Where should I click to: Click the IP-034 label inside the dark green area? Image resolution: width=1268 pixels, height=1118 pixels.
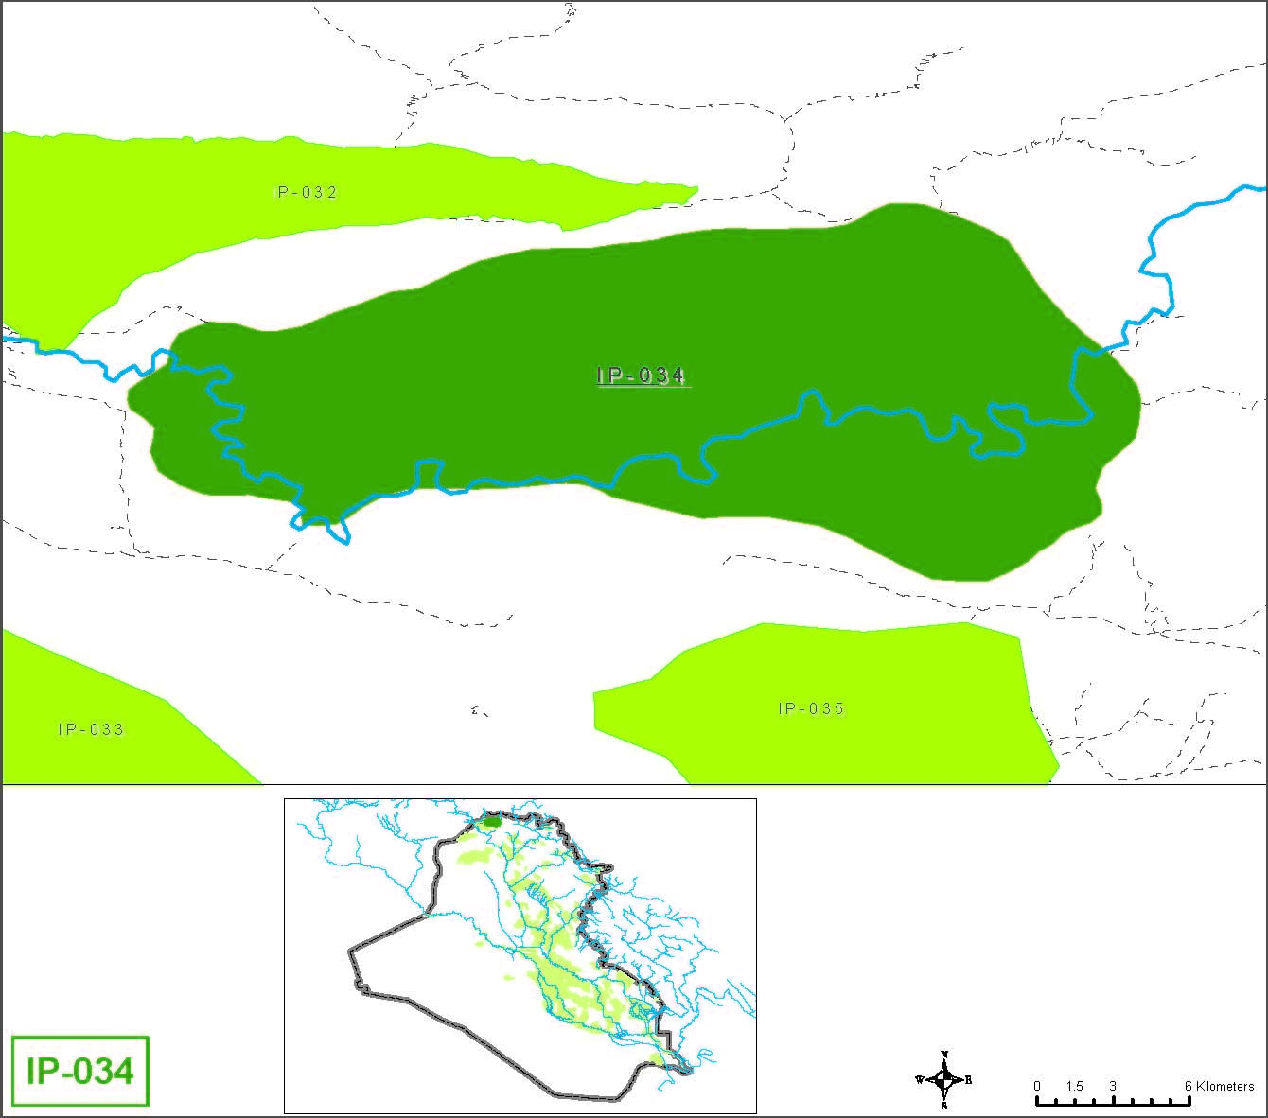coord(641,376)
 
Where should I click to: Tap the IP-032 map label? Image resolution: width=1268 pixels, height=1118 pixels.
coord(304,192)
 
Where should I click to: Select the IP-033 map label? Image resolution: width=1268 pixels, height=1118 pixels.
coord(91,729)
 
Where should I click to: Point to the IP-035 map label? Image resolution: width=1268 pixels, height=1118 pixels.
coord(811,708)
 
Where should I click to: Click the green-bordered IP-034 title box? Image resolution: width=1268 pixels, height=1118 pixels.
coord(80,1071)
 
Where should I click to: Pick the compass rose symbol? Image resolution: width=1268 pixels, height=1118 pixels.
coord(944,1079)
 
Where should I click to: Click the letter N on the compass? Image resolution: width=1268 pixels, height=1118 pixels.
coord(944,1054)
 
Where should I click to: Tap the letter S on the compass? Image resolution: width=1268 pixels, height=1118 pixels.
coord(944,1105)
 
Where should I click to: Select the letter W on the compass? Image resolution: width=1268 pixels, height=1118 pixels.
coord(919,1079)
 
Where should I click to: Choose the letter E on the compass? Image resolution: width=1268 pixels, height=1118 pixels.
coord(968,1079)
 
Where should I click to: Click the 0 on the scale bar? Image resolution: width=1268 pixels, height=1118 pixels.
coord(1037,1086)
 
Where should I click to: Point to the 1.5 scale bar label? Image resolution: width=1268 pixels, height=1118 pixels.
coord(1074,1086)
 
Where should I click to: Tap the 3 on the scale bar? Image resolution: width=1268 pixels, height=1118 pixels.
coord(1113,1086)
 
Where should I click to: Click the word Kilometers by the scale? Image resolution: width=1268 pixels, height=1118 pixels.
coord(1225,1086)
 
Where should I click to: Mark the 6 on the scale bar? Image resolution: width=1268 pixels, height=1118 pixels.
coord(1189,1086)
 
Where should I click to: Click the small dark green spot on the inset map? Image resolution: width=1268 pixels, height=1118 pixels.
coord(491,821)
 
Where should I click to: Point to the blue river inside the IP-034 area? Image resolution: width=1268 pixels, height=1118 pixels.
coord(568,480)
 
